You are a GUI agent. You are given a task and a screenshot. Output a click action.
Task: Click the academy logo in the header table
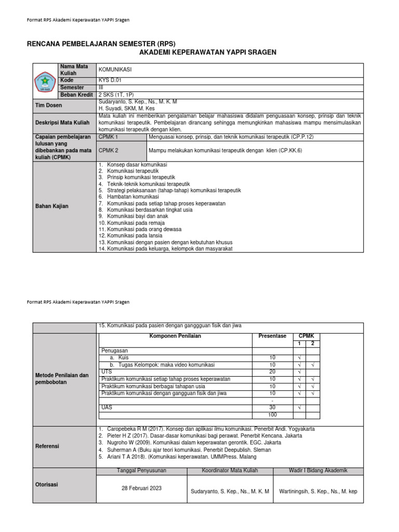[x=46, y=81]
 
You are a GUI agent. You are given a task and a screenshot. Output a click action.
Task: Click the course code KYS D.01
[x=110, y=81]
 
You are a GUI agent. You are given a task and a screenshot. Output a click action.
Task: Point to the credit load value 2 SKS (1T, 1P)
[x=119, y=95]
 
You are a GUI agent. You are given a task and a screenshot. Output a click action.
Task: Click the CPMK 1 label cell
[x=109, y=137]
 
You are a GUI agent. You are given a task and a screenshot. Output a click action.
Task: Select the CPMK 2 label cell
[x=109, y=150]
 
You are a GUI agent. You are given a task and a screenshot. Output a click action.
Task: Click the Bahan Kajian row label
[x=51, y=206]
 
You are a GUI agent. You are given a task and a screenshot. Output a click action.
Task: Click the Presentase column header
[x=272, y=336]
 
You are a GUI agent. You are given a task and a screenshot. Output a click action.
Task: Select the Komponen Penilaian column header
[x=175, y=336]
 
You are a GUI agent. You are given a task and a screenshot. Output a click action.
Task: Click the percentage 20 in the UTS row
[x=272, y=372]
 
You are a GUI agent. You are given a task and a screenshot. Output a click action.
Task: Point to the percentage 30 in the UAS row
[x=272, y=408]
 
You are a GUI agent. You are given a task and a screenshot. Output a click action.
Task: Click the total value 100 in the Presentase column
[x=272, y=415]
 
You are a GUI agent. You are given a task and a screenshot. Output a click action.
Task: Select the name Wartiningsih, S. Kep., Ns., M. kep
[x=318, y=491]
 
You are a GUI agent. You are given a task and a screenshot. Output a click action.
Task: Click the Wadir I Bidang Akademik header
[x=318, y=470]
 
